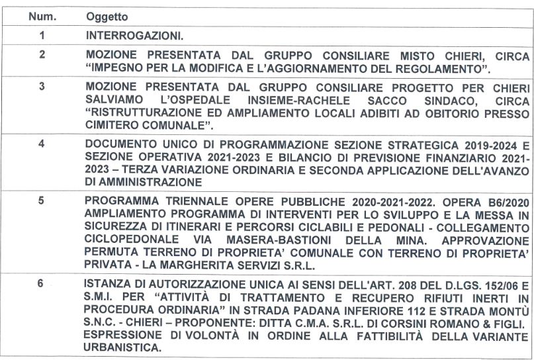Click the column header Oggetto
pos(107,16)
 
